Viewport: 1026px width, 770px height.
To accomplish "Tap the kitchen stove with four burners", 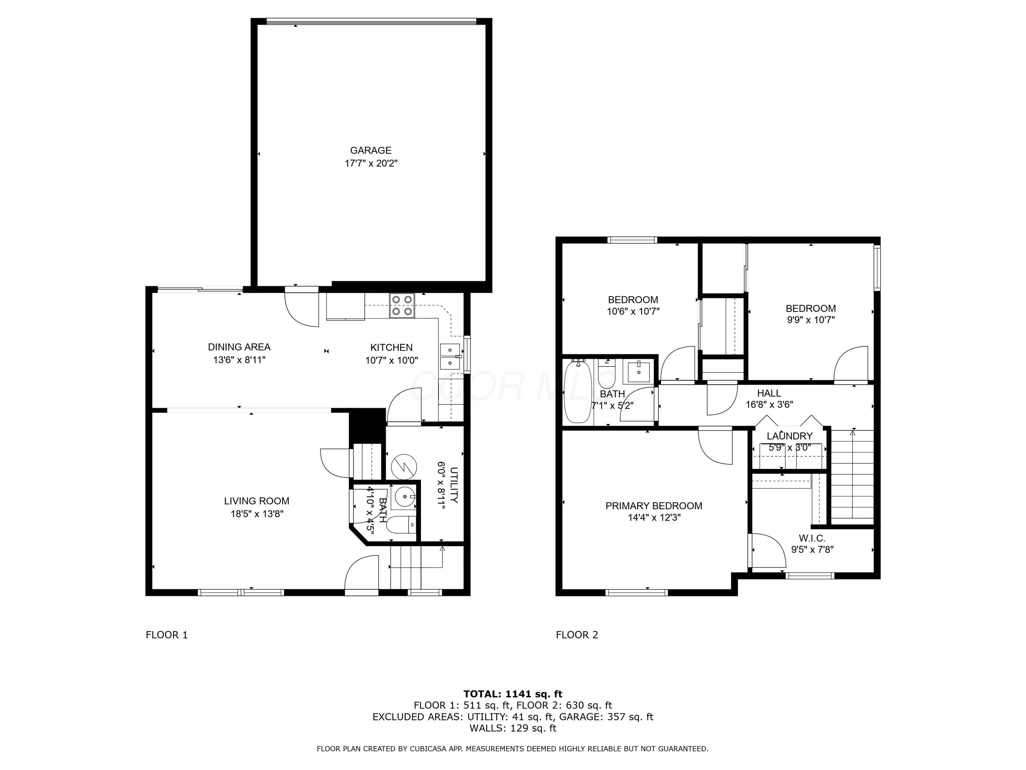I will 402,306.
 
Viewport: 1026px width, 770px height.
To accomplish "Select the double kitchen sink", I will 449,356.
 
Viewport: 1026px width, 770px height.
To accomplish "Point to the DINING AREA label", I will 239,347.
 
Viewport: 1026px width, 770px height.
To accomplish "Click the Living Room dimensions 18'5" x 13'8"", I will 256,514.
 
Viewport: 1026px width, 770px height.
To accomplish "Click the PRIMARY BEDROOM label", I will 653,506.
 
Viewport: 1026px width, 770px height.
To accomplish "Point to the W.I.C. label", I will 812,538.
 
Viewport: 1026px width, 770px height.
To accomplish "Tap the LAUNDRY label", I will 789,436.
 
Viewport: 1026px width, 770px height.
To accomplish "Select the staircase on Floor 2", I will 852,476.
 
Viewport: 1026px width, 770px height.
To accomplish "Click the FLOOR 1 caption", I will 167,635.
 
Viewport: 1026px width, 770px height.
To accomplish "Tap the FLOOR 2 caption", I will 577,635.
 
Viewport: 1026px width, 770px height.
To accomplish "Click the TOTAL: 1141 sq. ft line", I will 513,694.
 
